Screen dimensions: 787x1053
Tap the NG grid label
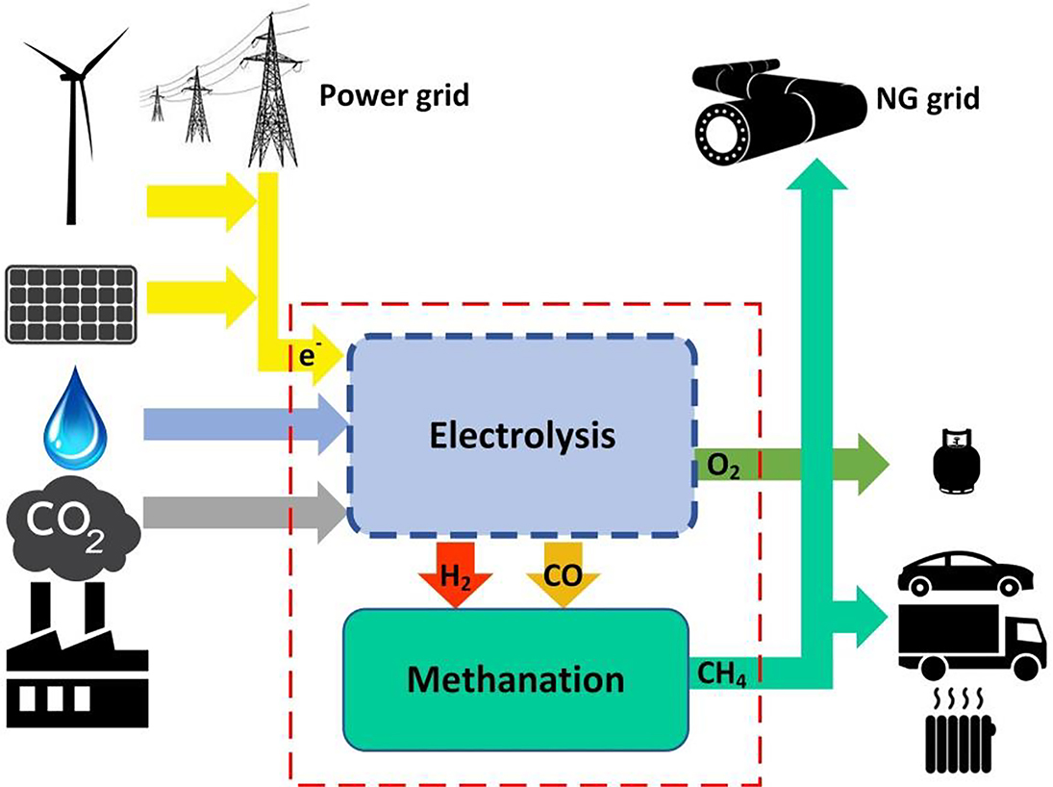[929, 98]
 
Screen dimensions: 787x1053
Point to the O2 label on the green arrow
[722, 469]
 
